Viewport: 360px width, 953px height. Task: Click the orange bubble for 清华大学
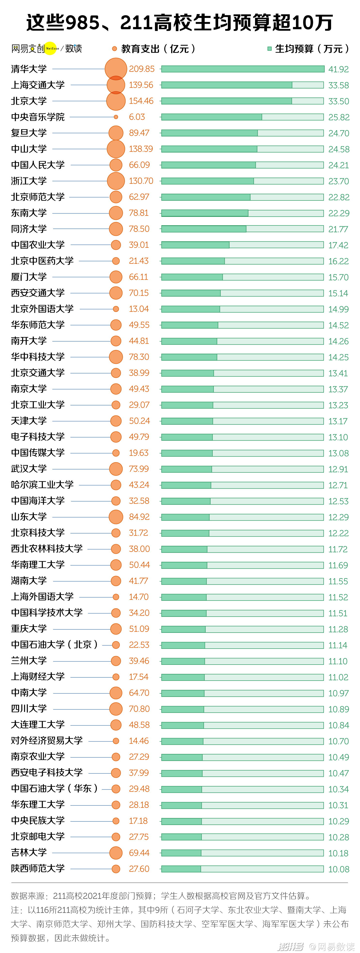116,69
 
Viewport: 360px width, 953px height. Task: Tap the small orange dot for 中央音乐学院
116,117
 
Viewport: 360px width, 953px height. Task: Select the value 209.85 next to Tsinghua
142,69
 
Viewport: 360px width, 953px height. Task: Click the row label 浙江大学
29,181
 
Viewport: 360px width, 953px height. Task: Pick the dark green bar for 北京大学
226,101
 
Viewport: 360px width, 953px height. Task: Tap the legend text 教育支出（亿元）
158,49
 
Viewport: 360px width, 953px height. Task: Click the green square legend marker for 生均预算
269,49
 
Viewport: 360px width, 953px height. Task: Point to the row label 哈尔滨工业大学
42,485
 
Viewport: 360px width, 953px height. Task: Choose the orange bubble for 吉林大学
116,853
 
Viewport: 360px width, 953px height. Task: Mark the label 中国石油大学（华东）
54,788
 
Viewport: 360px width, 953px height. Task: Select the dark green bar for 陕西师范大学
181,869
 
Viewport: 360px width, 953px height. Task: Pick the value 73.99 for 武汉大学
139,469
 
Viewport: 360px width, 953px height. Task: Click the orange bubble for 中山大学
116,149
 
